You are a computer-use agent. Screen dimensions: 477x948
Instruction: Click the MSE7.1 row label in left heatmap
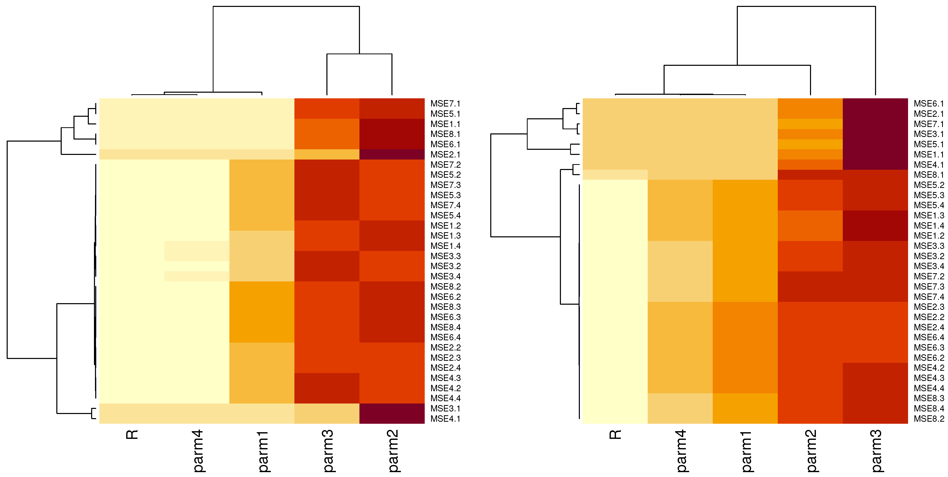click(445, 104)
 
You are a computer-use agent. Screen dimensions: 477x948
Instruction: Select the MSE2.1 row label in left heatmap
click(445, 155)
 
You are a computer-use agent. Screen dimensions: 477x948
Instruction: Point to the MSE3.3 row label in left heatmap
click(445, 256)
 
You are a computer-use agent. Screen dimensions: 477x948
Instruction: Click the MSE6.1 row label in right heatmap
click(929, 104)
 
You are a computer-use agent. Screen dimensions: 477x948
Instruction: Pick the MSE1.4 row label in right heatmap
click(929, 226)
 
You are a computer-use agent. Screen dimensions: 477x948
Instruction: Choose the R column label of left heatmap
click(132, 435)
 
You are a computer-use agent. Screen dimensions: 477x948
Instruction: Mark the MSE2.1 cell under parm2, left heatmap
click(392, 155)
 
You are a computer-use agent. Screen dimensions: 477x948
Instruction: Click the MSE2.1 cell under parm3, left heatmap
click(327, 155)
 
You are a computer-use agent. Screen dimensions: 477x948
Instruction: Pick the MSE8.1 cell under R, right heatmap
click(615, 175)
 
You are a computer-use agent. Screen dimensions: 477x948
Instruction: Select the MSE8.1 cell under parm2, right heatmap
click(810, 175)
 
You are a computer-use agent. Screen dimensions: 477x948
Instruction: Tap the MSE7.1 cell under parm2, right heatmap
click(810, 124)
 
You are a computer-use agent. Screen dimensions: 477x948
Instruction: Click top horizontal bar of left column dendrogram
click(286, 6)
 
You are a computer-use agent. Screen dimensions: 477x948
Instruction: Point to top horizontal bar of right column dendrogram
click(806, 6)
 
